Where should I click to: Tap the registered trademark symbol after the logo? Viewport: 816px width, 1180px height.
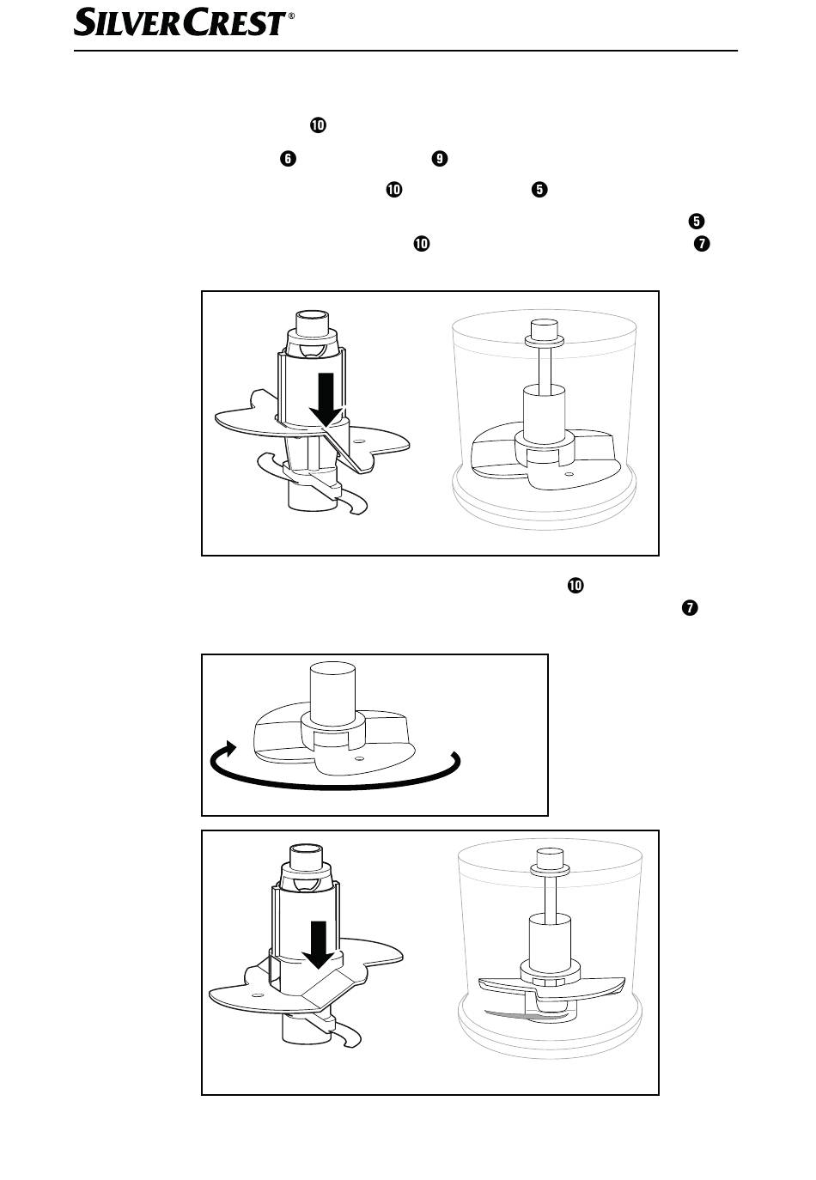292,15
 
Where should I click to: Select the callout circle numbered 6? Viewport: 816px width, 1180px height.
288,159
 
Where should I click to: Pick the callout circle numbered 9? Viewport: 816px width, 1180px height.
439,159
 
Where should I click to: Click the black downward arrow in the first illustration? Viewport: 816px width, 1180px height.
326,398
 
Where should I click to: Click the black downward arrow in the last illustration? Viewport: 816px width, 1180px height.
318,946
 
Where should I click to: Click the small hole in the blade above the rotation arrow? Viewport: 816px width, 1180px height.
359,759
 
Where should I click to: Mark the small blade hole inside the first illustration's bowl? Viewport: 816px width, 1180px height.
569,474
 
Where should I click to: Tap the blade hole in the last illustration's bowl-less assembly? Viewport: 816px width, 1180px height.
258,994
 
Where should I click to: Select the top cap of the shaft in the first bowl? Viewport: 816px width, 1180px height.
545,333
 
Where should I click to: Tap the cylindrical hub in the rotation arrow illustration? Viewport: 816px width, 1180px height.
332,694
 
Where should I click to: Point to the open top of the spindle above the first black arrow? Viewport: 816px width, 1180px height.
313,314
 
